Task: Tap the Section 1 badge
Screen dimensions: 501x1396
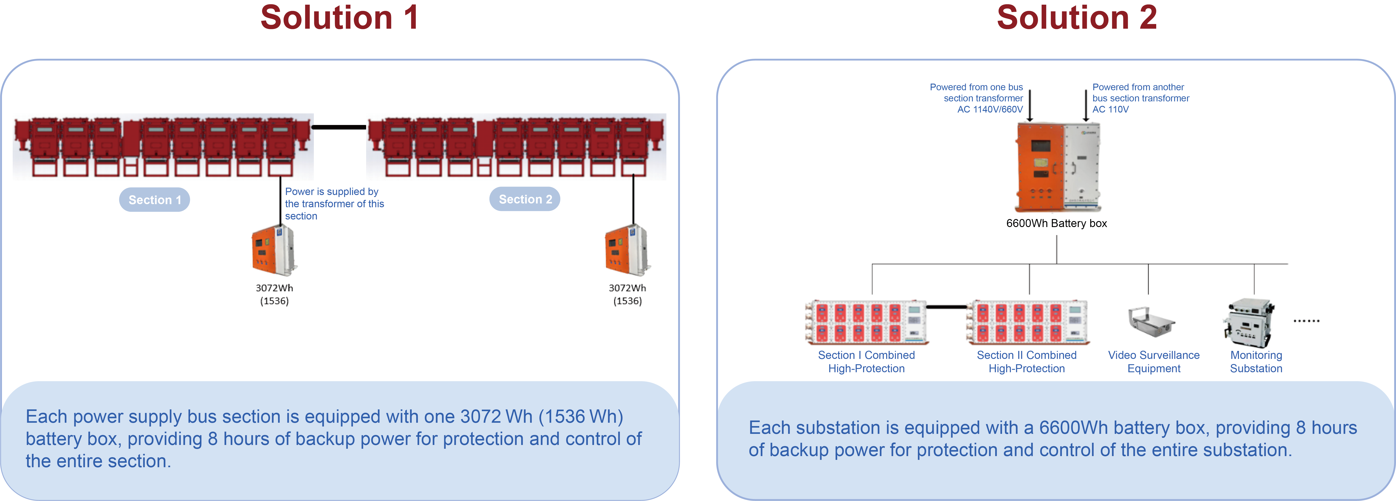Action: [x=154, y=200]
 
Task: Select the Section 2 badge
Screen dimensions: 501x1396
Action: [x=525, y=199]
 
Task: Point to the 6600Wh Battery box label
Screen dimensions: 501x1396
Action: [x=1056, y=223]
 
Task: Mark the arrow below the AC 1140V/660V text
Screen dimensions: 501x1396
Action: [x=1030, y=106]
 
